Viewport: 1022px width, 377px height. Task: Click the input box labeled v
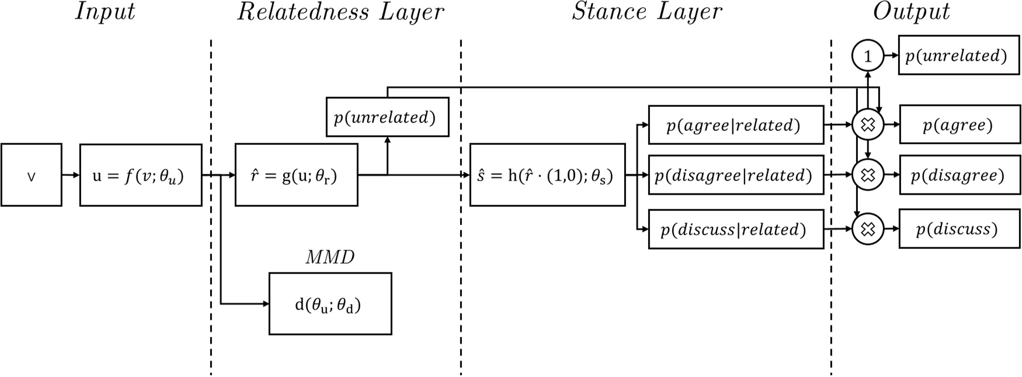coord(32,175)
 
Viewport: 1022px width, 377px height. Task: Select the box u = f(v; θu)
coord(141,175)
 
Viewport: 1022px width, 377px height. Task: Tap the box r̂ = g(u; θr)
coord(296,175)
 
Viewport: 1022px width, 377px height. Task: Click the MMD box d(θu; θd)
coord(330,304)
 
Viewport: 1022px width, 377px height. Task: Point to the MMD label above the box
coord(330,257)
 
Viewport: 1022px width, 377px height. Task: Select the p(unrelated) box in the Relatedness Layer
coord(387,117)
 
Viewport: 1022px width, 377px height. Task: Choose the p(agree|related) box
coord(736,125)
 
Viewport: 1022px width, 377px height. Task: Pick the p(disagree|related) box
coord(736,175)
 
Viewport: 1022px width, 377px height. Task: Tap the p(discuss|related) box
coord(736,230)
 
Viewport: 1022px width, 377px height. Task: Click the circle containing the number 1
coord(868,57)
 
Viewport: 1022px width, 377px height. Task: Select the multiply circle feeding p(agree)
coord(868,124)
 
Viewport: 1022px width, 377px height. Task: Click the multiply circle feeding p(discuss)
coord(868,229)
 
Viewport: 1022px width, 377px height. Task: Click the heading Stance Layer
coord(646,12)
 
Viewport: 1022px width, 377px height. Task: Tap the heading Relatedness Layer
coord(340,12)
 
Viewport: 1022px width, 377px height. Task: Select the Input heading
coord(105,12)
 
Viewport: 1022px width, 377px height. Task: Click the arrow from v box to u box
coord(71,175)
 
